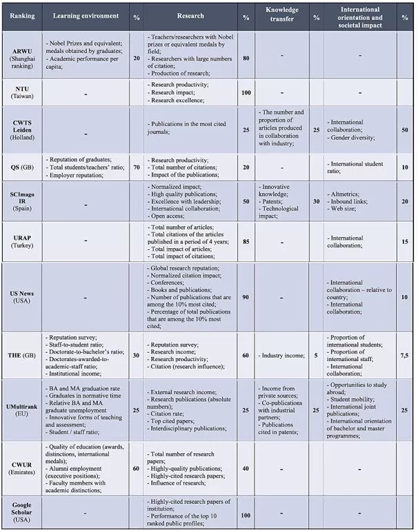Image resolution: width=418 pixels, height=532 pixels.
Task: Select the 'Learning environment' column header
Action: (x=86, y=15)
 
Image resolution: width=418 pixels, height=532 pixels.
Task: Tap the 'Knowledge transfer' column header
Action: (x=281, y=15)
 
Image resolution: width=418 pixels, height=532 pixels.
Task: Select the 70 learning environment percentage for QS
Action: (x=136, y=166)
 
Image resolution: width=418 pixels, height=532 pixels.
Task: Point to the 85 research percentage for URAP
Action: (x=246, y=241)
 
